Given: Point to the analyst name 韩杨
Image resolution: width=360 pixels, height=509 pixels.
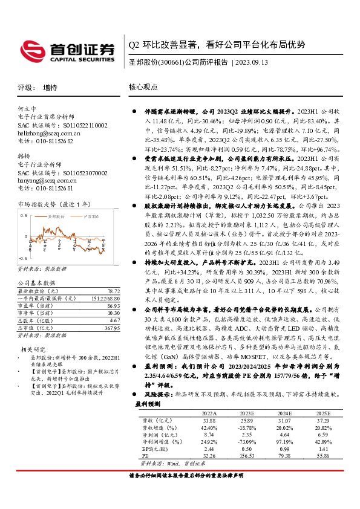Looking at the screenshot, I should pyautogui.click(x=24, y=155).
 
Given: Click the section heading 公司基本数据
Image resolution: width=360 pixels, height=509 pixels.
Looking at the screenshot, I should pyautogui.click(x=36, y=282).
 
